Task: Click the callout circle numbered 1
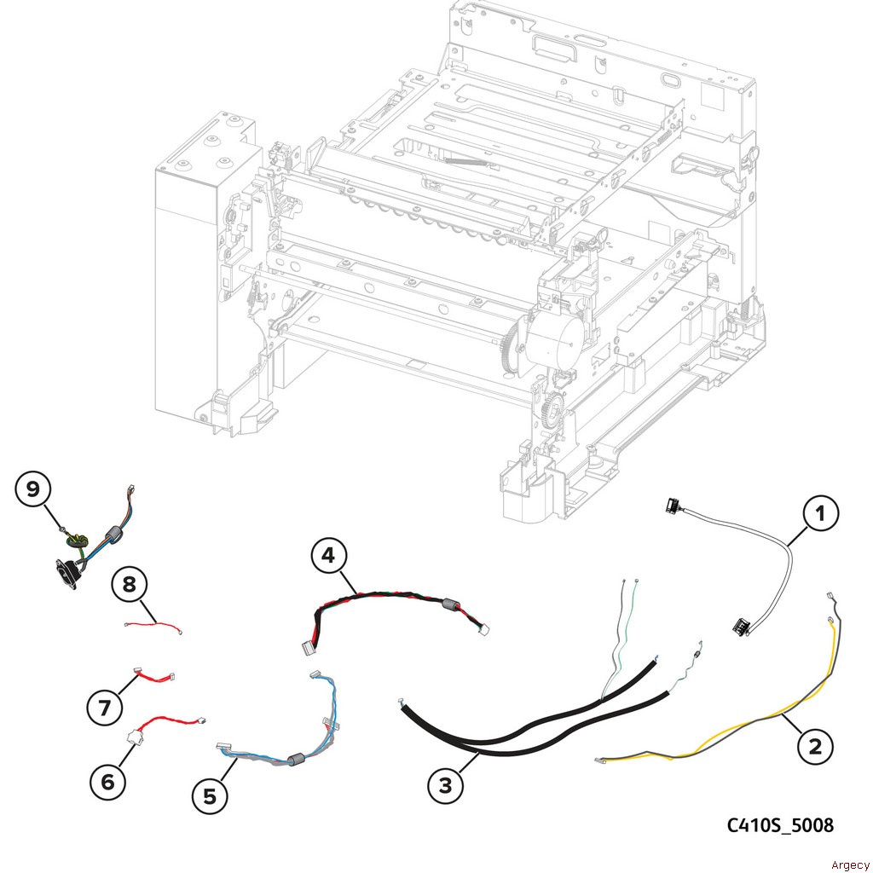821,514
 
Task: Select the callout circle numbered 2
815,747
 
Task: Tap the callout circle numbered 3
446,784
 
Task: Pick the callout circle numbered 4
328,557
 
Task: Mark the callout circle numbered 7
105,706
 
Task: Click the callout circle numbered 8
129,585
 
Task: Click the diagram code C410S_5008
780,825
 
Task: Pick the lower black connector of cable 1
739,627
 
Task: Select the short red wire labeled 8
153,627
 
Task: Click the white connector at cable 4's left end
302,649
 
